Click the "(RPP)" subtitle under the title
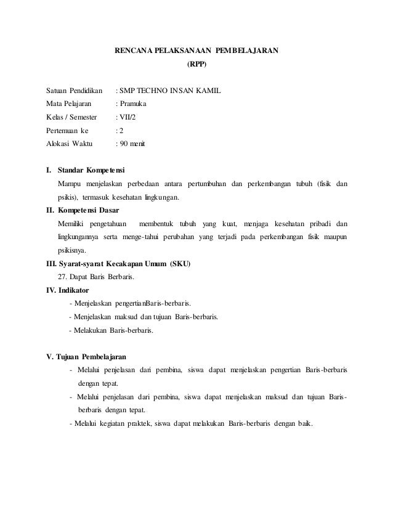pyautogui.click(x=197, y=63)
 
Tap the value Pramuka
pyautogui.click(x=133, y=105)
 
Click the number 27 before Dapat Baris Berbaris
pyautogui.click(x=61, y=277)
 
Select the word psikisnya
pyautogui.click(x=72, y=251)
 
